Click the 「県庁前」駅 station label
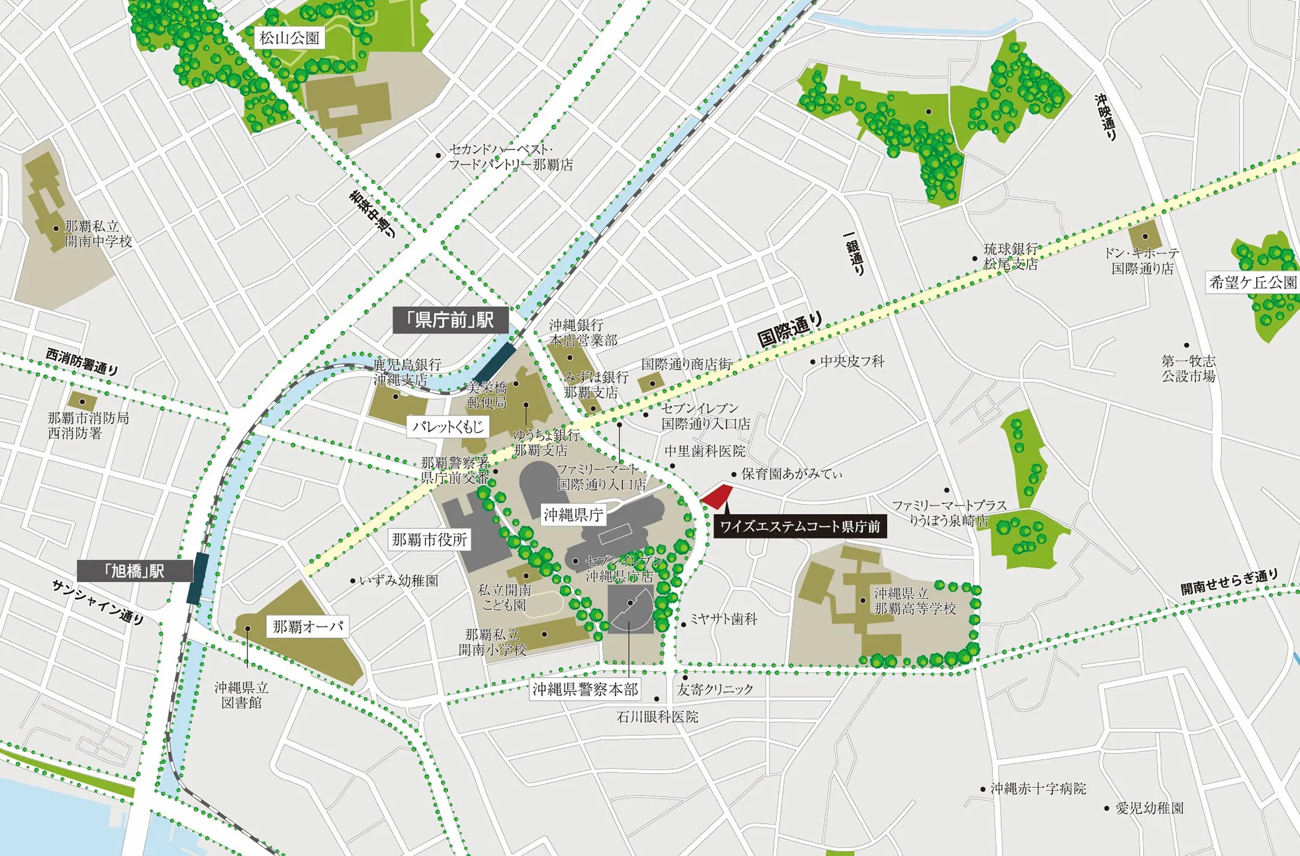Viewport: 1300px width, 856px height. (x=451, y=321)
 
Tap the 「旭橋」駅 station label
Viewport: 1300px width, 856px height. (x=135, y=571)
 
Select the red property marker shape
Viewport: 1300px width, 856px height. (x=717, y=497)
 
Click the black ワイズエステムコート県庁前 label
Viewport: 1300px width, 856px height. (x=800, y=526)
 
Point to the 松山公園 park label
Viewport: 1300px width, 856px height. (x=289, y=38)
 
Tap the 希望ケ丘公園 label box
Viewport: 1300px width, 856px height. (x=1253, y=283)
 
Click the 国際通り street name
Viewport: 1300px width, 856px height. (x=789, y=330)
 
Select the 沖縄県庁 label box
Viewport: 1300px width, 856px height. (x=573, y=514)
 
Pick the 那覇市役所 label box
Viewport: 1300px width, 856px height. (x=429, y=540)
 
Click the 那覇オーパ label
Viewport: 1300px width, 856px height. (x=308, y=627)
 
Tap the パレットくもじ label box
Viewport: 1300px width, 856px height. (x=448, y=427)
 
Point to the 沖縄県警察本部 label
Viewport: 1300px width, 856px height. (x=585, y=689)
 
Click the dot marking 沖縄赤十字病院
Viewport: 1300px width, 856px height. (x=983, y=789)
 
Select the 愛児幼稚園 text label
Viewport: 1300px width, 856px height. (x=1149, y=808)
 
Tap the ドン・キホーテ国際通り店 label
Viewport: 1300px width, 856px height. (x=1142, y=261)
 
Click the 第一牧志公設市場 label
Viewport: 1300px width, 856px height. (x=1188, y=369)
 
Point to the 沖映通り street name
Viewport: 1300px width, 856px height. (x=1106, y=117)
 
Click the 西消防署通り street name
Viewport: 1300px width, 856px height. (x=82, y=362)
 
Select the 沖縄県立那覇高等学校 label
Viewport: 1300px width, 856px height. (x=915, y=601)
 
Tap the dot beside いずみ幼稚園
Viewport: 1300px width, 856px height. (x=353, y=581)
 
